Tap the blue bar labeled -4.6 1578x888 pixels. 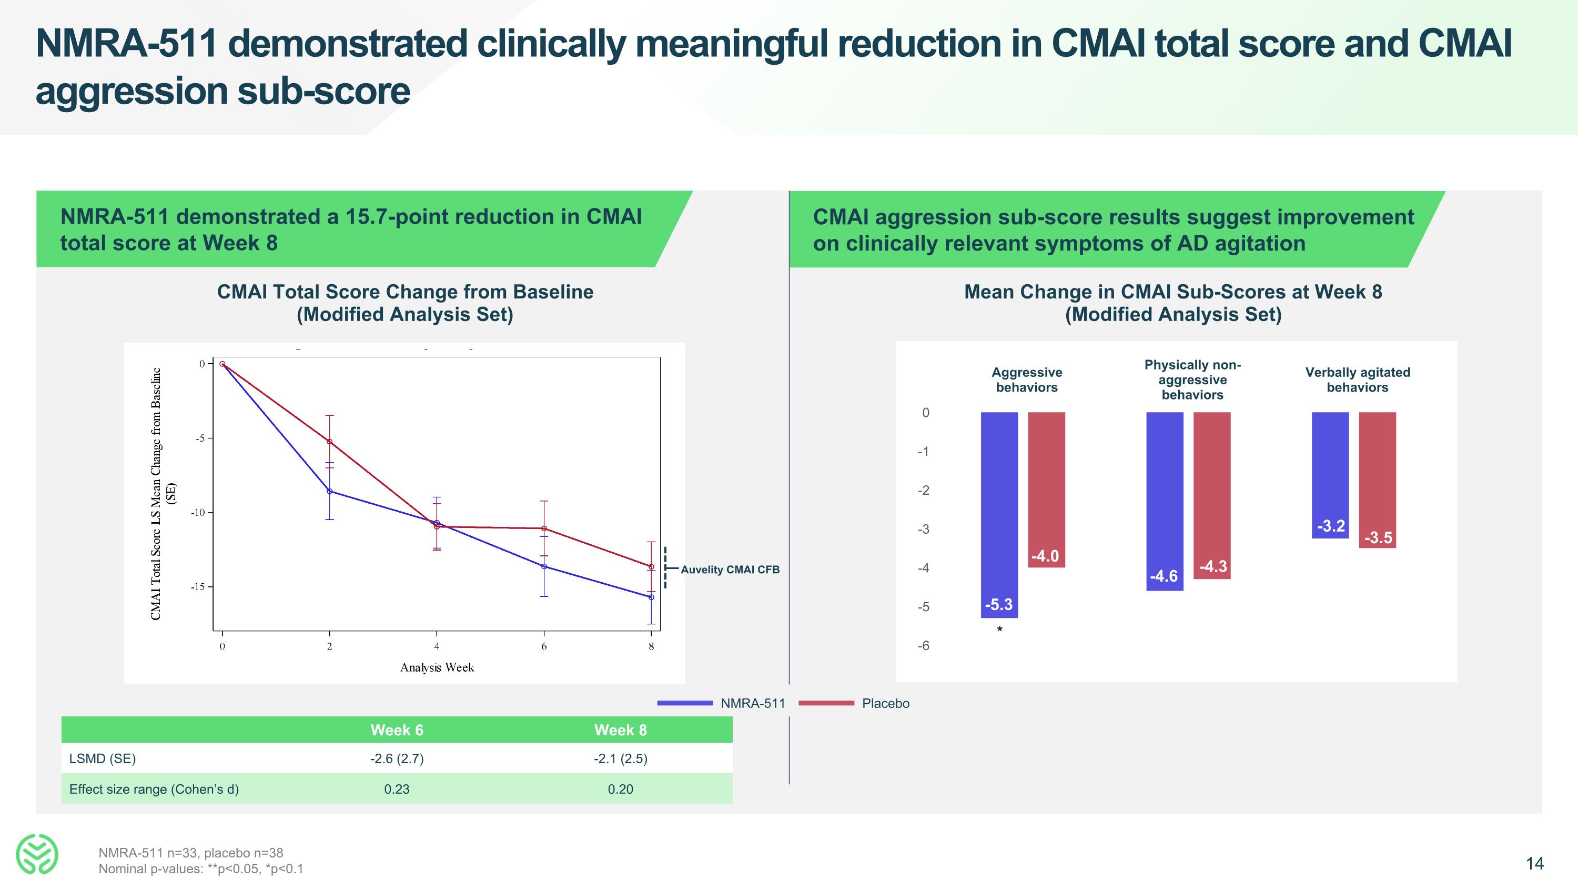[1165, 501]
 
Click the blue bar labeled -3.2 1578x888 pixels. [1330, 475]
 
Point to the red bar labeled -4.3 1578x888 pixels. [1212, 495]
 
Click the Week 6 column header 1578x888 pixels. [397, 730]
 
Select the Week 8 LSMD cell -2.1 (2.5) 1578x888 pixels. [620, 759]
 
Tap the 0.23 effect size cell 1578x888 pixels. [397, 790]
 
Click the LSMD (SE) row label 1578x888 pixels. [102, 759]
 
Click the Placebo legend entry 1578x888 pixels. [885, 704]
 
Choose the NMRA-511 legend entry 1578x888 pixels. [752, 704]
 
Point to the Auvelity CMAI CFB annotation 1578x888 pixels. [730, 570]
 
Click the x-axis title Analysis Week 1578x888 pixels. [437, 667]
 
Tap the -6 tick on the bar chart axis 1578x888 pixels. [923, 646]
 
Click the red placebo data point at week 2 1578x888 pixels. [330, 442]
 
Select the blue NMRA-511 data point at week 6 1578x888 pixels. [544, 566]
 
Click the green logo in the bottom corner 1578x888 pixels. [37, 854]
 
